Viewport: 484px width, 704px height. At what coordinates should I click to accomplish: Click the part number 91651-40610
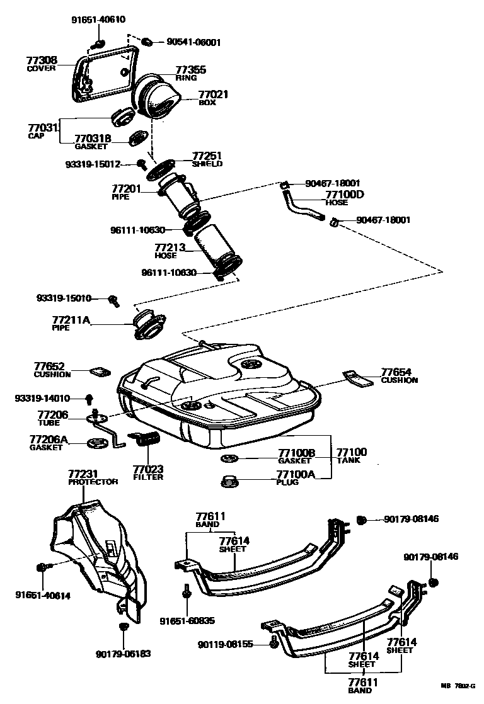pos(97,20)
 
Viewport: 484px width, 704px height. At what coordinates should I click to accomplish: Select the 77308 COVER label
pos(42,64)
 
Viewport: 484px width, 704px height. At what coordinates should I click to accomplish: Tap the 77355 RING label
pos(190,73)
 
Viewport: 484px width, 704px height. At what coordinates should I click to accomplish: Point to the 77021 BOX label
pos(213,98)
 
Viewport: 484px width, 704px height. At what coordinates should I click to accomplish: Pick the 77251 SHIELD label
pos(207,159)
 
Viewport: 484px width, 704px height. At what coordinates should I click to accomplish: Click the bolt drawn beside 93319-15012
pos(142,164)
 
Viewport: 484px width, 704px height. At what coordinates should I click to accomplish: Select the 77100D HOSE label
pos(343,197)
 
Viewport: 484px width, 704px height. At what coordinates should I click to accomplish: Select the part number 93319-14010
pos(42,399)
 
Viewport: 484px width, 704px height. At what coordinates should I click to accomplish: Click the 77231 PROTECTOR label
pos(93,477)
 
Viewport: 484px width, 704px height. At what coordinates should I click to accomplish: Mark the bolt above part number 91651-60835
pos(187,591)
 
